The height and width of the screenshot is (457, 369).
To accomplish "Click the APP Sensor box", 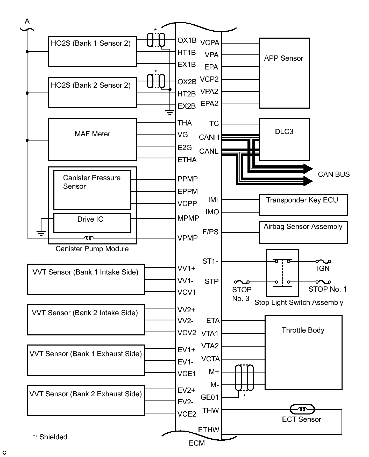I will pyautogui.click(x=284, y=73).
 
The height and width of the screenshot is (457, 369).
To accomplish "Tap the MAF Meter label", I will pyautogui.click(x=93, y=134).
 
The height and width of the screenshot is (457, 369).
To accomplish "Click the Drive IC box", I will pyautogui.click(x=92, y=223).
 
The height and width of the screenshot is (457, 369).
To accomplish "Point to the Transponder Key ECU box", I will pyautogui.click(x=303, y=205).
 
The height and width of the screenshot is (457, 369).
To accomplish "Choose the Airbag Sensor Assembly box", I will pyautogui.click(x=303, y=232).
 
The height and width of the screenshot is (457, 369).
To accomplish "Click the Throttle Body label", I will pyautogui.click(x=303, y=330).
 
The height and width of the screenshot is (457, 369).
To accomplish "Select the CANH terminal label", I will pyautogui.click(x=209, y=137).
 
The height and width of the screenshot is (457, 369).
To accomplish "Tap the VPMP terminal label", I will pyautogui.click(x=188, y=238).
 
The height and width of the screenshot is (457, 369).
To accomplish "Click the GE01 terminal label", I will pyautogui.click(x=210, y=397).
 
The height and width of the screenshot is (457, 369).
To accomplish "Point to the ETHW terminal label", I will pyautogui.click(x=209, y=430).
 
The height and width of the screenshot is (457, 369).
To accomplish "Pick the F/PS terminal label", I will pyautogui.click(x=210, y=232).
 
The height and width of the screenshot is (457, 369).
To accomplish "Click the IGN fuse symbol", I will pyautogui.click(x=323, y=262).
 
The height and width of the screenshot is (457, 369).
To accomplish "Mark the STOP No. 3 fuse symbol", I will pyautogui.click(x=242, y=282).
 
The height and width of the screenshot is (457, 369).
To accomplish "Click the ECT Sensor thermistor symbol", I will pyautogui.click(x=302, y=410).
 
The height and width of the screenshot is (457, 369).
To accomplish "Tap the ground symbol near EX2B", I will pyautogui.click(x=170, y=113).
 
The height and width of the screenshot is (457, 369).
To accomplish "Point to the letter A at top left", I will pyautogui.click(x=27, y=21).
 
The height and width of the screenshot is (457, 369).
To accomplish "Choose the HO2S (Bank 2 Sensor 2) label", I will pyautogui.click(x=91, y=85).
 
